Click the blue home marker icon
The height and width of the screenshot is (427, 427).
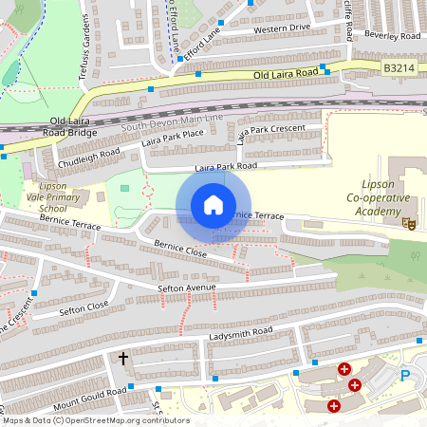pos(213,205)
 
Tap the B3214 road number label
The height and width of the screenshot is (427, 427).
pos(400,68)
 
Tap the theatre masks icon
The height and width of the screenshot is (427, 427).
pos(409,222)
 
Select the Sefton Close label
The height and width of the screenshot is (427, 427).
pos(84,309)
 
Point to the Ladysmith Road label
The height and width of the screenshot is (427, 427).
pos(242,332)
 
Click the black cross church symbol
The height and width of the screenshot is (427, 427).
pos(123,359)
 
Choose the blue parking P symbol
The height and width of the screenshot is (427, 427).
pos(405,375)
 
